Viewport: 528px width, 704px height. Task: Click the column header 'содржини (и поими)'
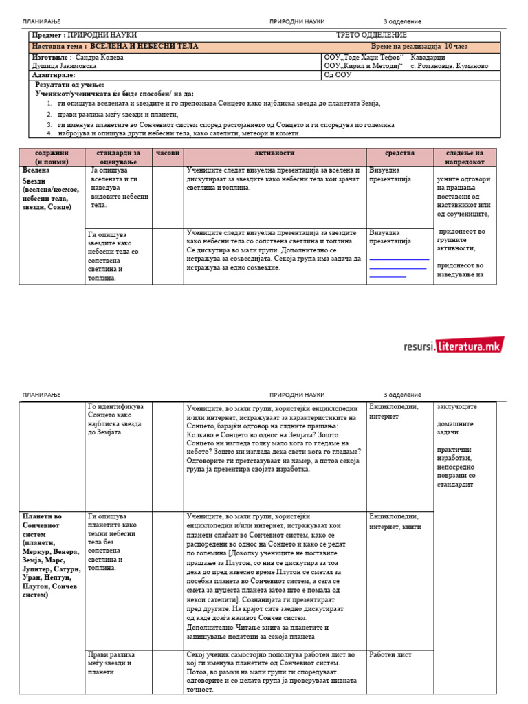point(52,157)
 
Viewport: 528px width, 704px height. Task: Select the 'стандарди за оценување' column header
point(119,157)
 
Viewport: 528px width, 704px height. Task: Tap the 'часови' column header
point(167,153)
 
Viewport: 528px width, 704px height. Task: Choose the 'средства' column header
point(399,153)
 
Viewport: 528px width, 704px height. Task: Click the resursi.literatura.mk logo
point(454,346)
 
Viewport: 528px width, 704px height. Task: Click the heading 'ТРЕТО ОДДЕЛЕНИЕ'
point(371,35)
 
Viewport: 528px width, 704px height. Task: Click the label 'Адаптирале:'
point(54,75)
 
